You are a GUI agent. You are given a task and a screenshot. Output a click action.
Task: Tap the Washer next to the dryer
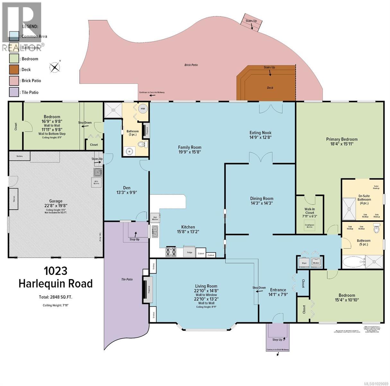(x=316, y=262)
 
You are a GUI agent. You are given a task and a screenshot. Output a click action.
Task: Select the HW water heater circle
(x=142, y=109)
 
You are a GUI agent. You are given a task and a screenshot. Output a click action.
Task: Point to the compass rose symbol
(x=55, y=67)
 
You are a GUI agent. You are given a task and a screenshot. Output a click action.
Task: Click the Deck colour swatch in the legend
(x=14, y=69)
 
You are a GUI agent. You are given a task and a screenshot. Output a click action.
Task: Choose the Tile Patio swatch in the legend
(x=14, y=92)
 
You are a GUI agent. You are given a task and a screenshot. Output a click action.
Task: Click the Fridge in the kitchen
(x=189, y=252)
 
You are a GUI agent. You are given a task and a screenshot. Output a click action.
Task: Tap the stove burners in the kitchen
(x=171, y=251)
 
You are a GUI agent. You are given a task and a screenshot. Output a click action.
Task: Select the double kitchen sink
(x=155, y=231)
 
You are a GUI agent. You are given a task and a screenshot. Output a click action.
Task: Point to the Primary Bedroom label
(x=342, y=139)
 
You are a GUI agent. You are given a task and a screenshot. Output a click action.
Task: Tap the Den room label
(x=126, y=188)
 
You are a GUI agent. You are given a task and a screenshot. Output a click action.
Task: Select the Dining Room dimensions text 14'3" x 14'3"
(x=262, y=203)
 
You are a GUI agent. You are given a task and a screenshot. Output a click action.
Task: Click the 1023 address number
(x=56, y=271)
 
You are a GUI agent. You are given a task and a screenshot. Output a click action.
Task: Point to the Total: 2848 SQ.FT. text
(x=56, y=297)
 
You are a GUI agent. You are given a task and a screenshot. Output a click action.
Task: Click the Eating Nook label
(x=261, y=132)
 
